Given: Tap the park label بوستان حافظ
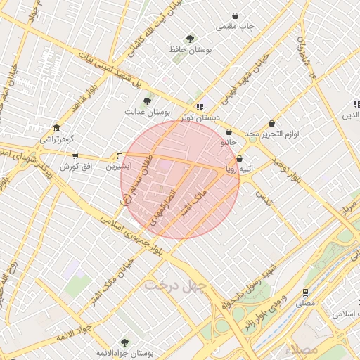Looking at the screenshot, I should tap(186, 50).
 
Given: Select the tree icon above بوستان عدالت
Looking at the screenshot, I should tap(147, 101).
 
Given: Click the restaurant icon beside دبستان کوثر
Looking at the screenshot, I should tap(200, 107).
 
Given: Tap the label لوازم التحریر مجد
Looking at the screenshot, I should tap(272, 133).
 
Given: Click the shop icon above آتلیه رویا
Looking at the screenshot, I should tap(240, 159).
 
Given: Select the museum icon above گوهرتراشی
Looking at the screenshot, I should tap(56, 129).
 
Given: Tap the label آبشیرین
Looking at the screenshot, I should tap(117, 167).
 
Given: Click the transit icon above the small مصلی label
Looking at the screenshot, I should tap(305, 292).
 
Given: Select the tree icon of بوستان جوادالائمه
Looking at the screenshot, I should tap(124, 342).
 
